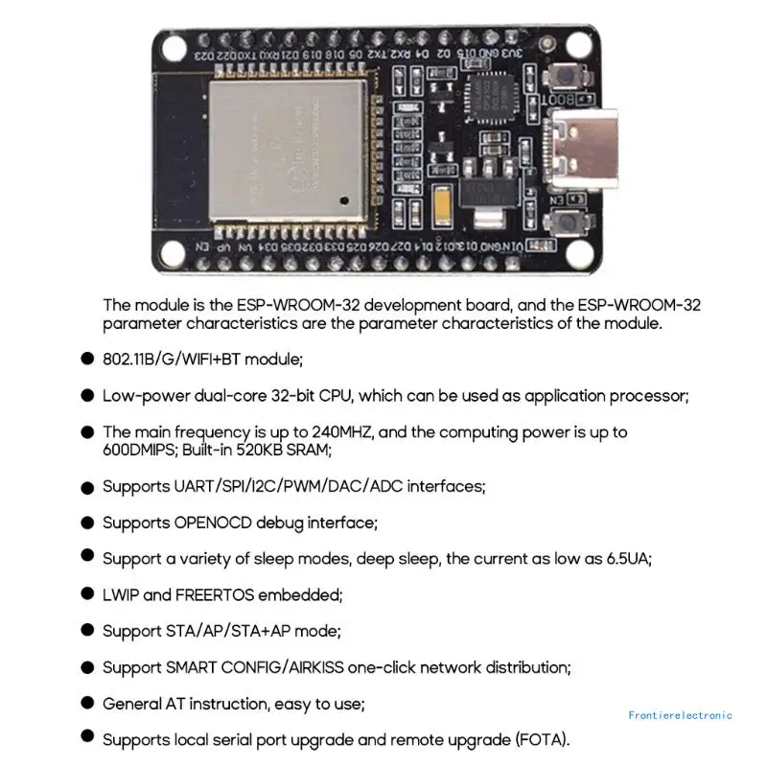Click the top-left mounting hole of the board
pos(177,45)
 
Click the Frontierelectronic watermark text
pos(680,715)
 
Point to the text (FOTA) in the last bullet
pos(543,739)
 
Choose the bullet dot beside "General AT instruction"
pos(87,703)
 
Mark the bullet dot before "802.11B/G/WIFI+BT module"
pos(87,360)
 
